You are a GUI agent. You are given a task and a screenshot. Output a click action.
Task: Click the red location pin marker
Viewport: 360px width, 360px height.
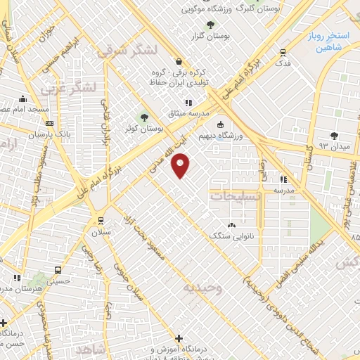(181, 165)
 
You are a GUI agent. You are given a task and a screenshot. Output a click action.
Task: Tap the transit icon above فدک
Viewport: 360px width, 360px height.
(282, 52)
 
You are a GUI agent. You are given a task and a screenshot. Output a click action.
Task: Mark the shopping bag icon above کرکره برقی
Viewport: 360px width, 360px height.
(181, 61)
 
